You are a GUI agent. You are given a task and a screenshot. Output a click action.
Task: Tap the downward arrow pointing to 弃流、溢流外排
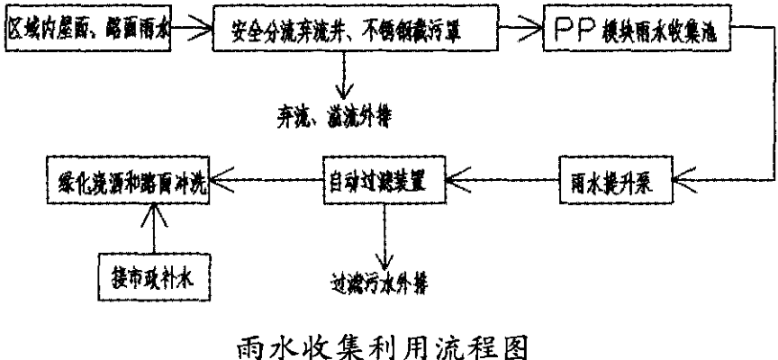coord(343,77)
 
